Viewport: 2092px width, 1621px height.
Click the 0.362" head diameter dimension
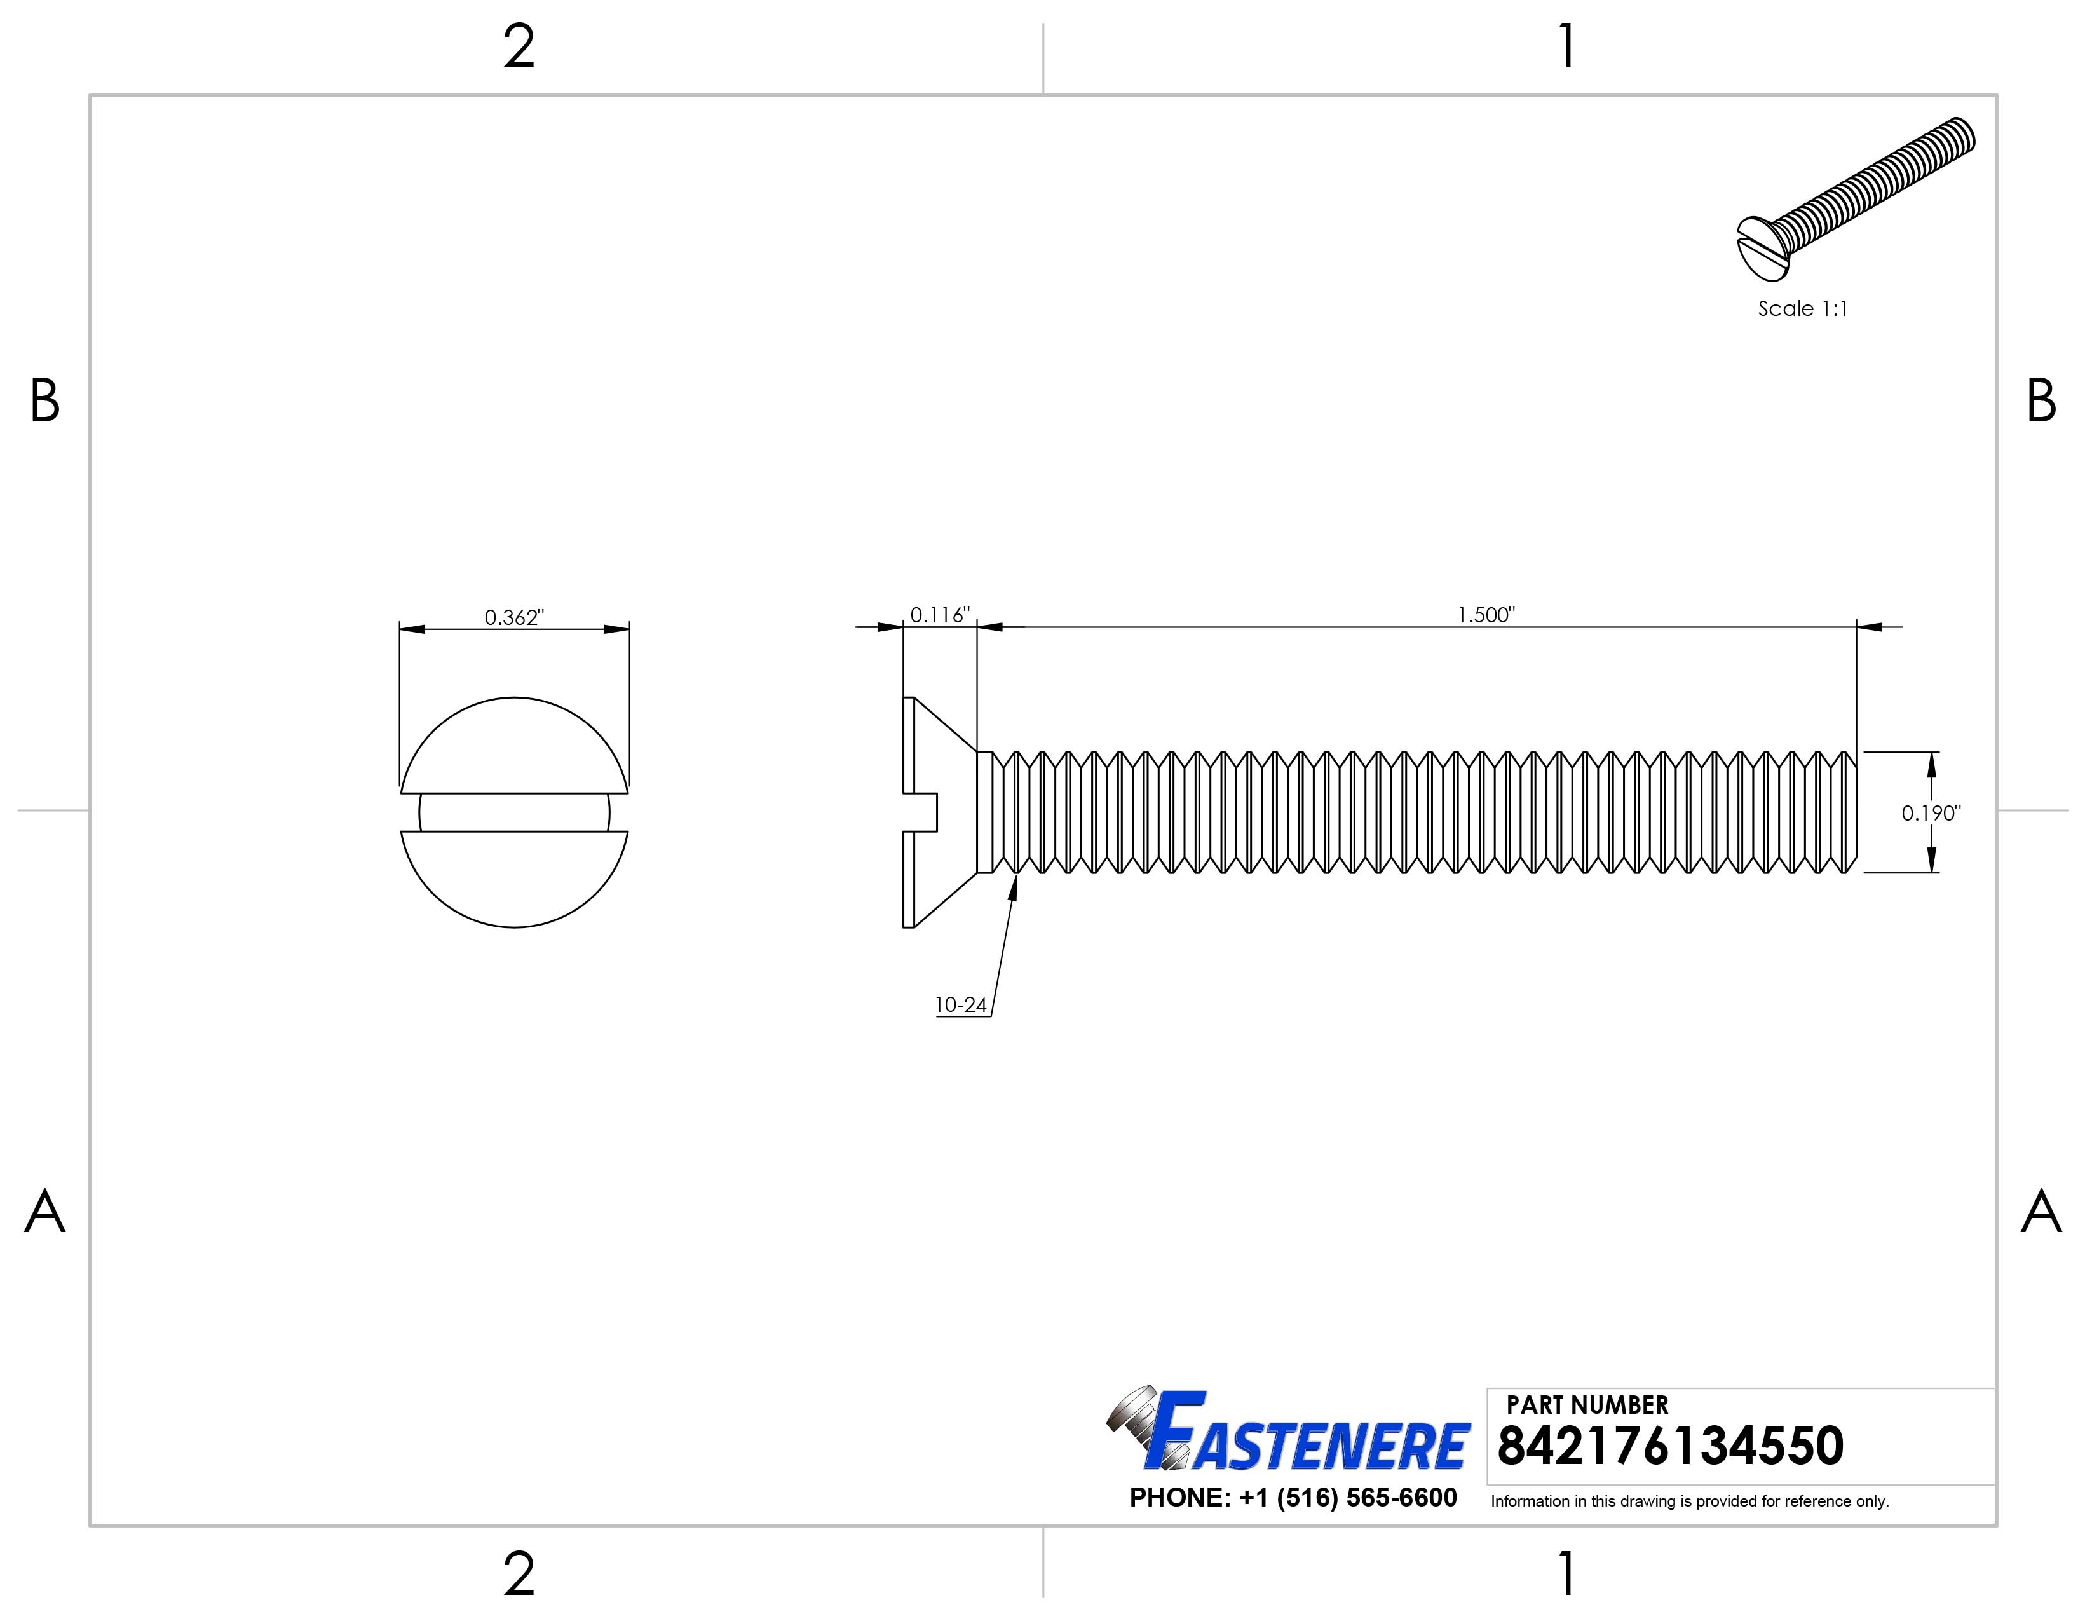pos(513,618)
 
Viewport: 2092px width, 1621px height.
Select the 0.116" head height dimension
pos(939,615)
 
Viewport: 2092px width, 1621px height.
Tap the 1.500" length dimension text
pos(1486,615)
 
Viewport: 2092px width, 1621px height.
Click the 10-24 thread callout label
pos(961,1005)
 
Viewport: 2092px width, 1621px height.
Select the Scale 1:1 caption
pos(1802,308)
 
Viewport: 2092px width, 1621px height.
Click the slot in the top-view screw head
pos(514,812)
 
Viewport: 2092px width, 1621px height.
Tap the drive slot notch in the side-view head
pos(921,812)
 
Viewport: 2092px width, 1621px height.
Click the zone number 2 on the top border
pos(518,47)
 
